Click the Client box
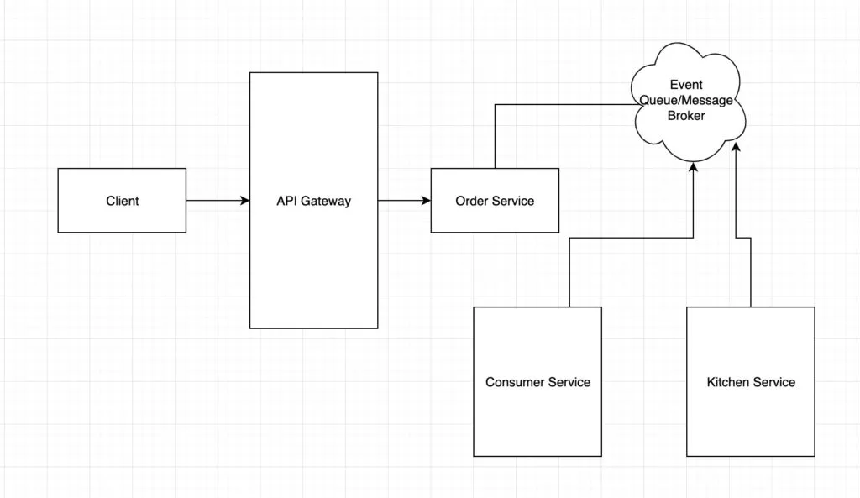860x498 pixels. tap(122, 200)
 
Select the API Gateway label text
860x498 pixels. tap(313, 201)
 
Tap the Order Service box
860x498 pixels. tap(495, 200)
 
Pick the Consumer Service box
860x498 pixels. tap(537, 381)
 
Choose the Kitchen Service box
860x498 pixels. tap(750, 381)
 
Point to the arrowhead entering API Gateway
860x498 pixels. tap(245, 201)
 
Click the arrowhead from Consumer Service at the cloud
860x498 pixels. tap(694, 167)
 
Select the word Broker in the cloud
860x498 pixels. tap(686, 116)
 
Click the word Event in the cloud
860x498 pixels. tap(686, 85)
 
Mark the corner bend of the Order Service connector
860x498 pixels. tap(495, 105)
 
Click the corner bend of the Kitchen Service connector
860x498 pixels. tap(750, 239)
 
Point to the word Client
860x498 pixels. tap(123, 201)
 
